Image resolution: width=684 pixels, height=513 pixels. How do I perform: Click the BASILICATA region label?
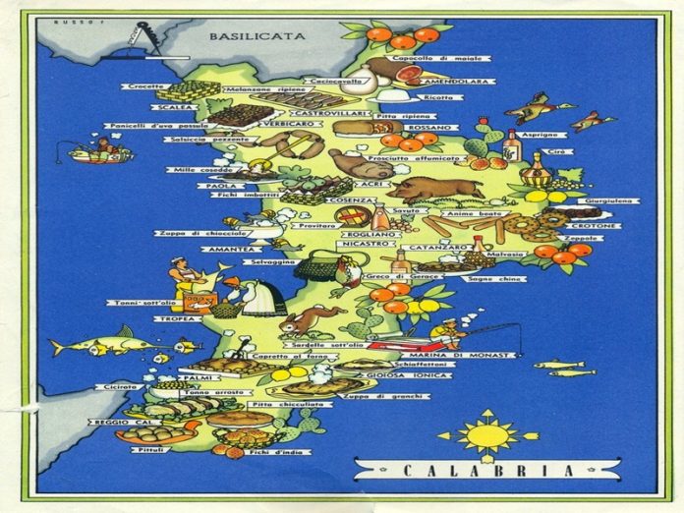click(x=256, y=36)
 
